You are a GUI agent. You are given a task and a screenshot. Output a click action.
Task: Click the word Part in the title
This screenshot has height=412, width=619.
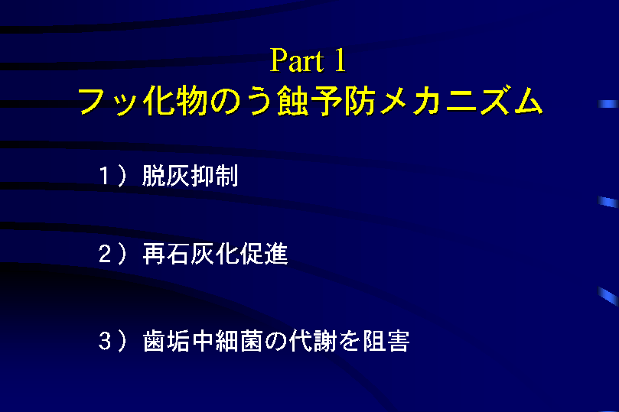coord(298,60)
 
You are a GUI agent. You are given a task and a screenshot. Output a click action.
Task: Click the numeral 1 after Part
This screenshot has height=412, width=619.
coord(340,60)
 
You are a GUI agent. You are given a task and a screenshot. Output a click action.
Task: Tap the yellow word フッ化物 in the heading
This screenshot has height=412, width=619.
coord(142,101)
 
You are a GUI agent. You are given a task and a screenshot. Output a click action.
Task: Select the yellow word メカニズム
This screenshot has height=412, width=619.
coord(461,101)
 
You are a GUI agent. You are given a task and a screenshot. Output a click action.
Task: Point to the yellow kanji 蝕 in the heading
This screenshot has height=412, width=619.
coord(292,101)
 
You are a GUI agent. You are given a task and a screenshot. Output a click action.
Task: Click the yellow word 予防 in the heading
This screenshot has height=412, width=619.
coord(344,101)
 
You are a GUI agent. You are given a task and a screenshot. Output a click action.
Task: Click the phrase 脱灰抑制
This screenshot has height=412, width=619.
coord(191,176)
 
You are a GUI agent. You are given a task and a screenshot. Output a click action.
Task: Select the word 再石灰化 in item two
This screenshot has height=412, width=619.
coord(191,254)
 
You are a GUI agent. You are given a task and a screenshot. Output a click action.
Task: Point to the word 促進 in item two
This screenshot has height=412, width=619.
coord(264,254)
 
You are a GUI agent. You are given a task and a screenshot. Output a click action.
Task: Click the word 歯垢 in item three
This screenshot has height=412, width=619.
coord(166,341)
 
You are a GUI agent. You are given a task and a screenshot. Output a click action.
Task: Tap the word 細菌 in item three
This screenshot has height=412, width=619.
coord(239,341)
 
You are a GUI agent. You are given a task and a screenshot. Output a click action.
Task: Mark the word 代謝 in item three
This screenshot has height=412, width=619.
coord(313,341)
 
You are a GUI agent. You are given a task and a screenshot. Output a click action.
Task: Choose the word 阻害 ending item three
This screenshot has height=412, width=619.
coord(386,341)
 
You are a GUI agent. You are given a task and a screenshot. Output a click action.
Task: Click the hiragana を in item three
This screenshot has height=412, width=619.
coord(350,341)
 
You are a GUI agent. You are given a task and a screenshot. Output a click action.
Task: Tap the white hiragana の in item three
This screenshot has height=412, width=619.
coord(275,342)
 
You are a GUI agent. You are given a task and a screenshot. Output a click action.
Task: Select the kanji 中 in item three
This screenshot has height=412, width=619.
coord(203,341)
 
